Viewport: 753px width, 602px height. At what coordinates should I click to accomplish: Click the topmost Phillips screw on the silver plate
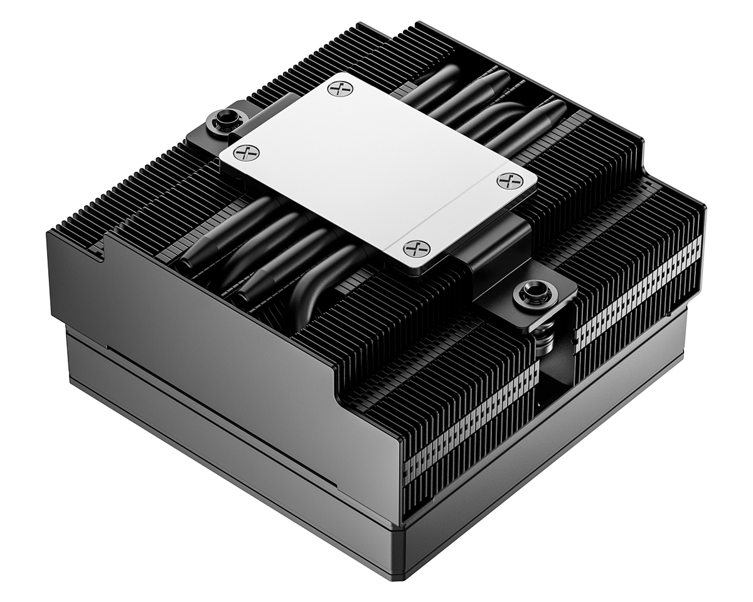pos(340,88)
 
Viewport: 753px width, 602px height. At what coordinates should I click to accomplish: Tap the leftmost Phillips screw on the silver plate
pos(250,152)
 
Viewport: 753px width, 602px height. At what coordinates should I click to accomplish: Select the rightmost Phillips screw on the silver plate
pos(510,181)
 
